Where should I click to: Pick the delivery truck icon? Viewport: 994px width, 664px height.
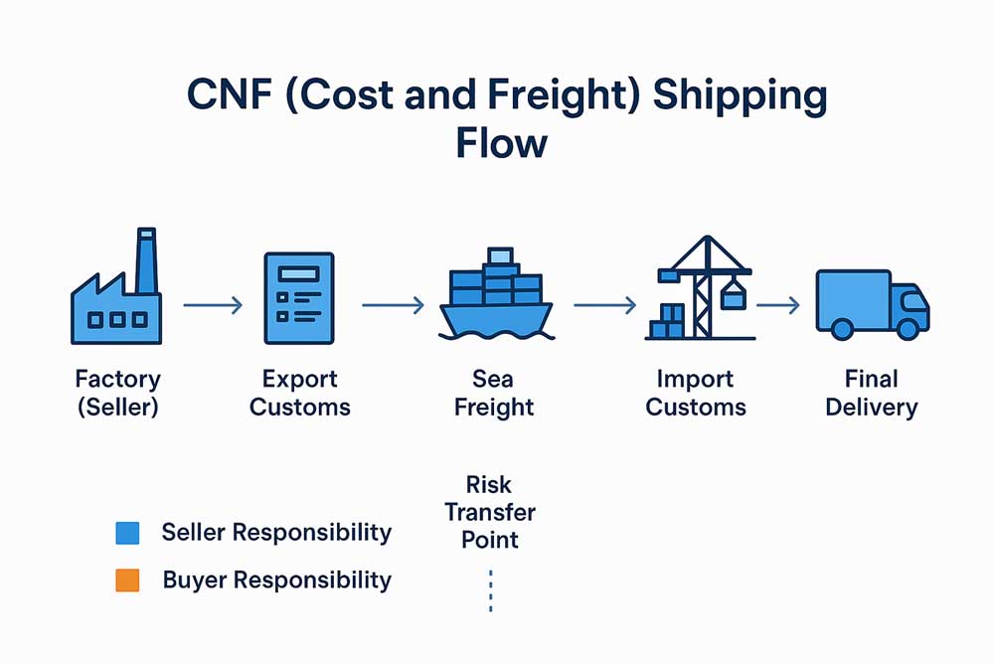point(871,302)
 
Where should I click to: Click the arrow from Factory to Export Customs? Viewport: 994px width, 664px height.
point(213,305)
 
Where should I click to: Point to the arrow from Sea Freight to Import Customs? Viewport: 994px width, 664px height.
point(604,305)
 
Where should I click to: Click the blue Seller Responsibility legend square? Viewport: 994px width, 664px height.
point(127,533)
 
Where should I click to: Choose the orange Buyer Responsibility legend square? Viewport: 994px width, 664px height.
point(127,581)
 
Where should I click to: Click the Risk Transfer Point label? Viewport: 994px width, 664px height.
point(490,512)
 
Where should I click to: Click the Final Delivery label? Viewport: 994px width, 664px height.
point(871,393)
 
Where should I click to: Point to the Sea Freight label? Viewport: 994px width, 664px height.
point(494,393)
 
